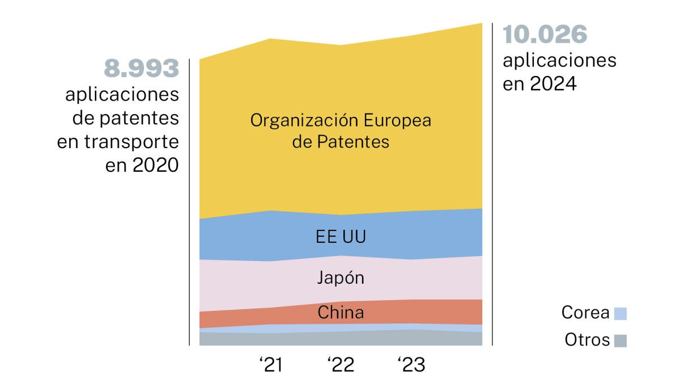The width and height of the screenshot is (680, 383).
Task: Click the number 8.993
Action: (141, 69)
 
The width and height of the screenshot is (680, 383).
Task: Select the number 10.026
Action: (545, 35)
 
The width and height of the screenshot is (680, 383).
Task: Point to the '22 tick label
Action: (341, 365)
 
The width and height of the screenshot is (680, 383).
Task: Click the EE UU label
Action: (341, 237)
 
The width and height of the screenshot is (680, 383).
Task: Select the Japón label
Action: (341, 279)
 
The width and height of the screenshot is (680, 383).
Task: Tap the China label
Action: (341, 312)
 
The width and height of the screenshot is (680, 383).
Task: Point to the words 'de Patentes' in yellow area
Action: (341, 141)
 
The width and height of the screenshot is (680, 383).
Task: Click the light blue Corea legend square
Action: (620, 313)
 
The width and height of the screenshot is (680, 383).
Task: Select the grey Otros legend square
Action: (620, 340)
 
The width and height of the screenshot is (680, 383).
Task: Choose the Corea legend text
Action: (585, 313)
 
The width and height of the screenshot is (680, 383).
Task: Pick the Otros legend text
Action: (587, 340)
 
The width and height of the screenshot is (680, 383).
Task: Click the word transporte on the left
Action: (140, 142)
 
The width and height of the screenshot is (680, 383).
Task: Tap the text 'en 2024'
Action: (539, 84)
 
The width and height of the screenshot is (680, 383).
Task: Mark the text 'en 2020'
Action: (142, 166)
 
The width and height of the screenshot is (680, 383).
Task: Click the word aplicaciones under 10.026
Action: (559, 60)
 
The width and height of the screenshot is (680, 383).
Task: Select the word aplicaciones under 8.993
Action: (122, 94)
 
